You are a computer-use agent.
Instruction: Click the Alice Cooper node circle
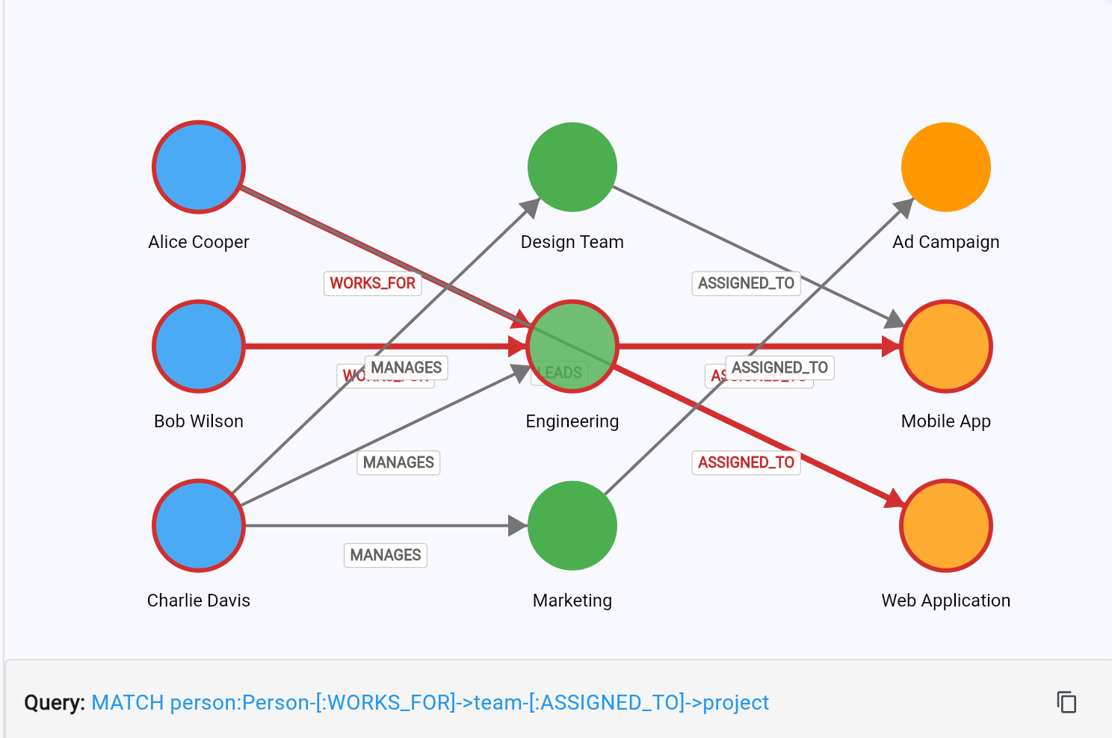click(x=199, y=167)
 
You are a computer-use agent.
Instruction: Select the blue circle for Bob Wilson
click(x=199, y=347)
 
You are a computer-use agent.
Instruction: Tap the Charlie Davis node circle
click(x=199, y=526)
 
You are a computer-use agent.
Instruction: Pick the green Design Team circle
click(x=572, y=167)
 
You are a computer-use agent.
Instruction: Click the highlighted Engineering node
click(x=572, y=347)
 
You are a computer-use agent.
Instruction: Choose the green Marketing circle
click(x=572, y=526)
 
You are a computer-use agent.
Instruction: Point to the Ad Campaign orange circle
click(x=946, y=167)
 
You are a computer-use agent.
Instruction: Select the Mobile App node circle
click(x=946, y=347)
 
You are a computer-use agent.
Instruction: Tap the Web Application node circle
click(x=946, y=526)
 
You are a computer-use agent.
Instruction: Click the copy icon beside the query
click(x=1066, y=702)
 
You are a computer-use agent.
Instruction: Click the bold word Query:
click(x=55, y=703)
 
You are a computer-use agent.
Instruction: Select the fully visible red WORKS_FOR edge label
click(x=372, y=283)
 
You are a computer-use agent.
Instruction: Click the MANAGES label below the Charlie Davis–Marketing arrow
click(x=386, y=555)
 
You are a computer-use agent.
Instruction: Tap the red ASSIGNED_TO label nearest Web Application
click(x=746, y=462)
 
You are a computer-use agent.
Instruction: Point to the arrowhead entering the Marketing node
click(x=518, y=526)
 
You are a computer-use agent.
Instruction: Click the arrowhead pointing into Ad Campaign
click(x=904, y=208)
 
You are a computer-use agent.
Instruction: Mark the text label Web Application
click(x=945, y=601)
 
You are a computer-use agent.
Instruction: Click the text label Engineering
click(x=572, y=421)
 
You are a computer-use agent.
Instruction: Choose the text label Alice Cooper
click(x=199, y=242)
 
